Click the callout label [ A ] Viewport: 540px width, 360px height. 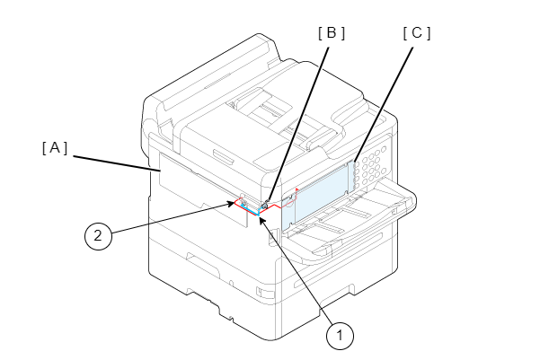[x=55, y=146]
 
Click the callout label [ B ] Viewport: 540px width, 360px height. [x=332, y=33]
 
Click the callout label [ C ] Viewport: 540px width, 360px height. [x=417, y=33]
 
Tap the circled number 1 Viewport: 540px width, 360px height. [x=339, y=337]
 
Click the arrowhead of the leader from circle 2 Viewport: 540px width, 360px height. [x=240, y=203]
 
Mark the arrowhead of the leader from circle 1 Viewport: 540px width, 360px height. [x=261, y=218]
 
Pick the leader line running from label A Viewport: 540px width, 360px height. [x=112, y=162]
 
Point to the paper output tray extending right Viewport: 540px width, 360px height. [x=359, y=224]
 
